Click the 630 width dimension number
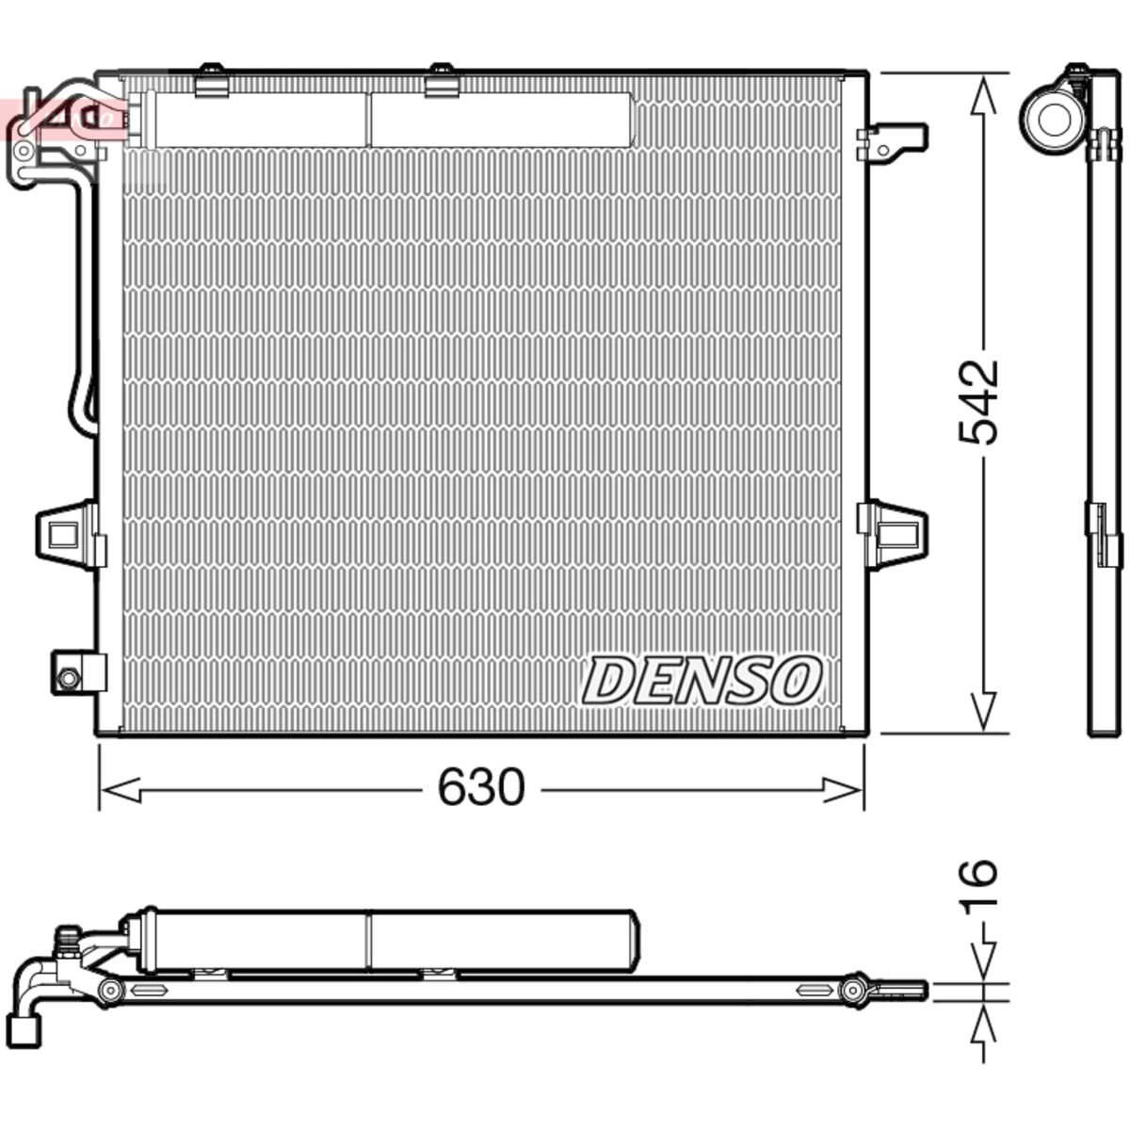coord(481,787)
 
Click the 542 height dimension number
coord(977,402)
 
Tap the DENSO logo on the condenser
coord(702,680)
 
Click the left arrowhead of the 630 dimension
coord(121,790)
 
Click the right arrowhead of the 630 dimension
coord(842,790)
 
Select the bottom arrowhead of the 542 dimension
coord(983,711)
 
